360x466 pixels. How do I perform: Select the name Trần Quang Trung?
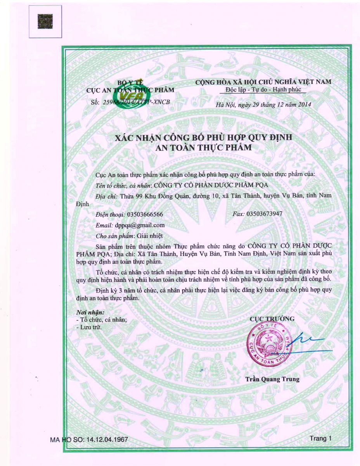(x=272, y=379)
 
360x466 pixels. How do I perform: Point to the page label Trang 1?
(x=321, y=438)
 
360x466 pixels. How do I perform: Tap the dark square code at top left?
(x=45, y=21)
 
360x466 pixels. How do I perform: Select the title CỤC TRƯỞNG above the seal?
(x=272, y=319)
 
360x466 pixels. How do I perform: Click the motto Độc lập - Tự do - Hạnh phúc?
(x=262, y=90)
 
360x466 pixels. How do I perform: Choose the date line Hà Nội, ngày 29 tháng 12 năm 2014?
(x=264, y=104)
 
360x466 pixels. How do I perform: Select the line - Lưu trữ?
(x=89, y=327)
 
